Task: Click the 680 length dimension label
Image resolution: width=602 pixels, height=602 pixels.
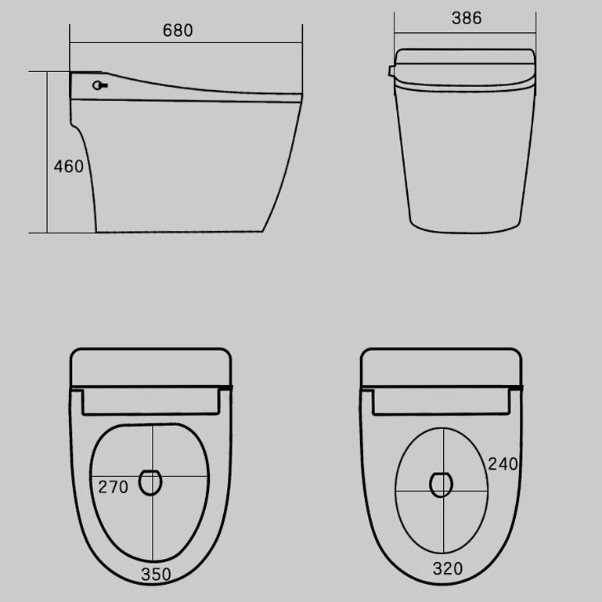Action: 178,31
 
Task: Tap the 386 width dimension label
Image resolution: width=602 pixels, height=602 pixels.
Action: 467,18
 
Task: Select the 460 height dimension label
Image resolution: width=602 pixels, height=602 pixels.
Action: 69,167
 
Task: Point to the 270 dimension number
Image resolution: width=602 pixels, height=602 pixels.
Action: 113,487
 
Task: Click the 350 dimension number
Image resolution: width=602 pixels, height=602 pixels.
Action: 157,574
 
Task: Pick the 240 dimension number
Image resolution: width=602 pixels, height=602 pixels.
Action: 503,463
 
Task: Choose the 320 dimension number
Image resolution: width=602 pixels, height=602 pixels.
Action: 447,568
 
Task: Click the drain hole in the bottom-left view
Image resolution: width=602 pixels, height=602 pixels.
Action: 150,482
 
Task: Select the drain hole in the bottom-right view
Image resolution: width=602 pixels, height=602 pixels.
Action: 442,485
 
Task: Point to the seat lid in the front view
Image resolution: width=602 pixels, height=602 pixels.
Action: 467,67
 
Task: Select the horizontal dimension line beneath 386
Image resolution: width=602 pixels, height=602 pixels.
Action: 467,33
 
